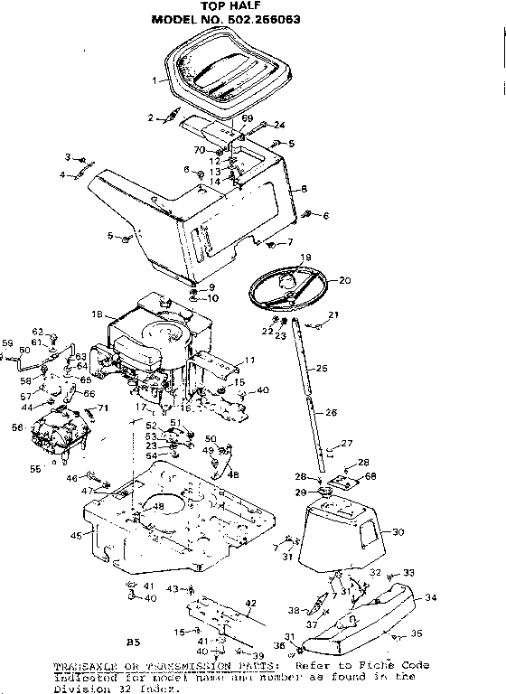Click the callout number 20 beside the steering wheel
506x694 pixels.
344,280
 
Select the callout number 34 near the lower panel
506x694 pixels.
430,596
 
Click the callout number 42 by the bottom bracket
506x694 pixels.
251,603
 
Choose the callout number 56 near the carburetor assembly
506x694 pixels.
16,428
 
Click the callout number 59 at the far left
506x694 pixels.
7,342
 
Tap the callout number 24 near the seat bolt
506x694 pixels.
279,125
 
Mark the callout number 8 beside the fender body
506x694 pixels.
305,188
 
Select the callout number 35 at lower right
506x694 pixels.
417,633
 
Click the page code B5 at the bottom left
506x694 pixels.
133,642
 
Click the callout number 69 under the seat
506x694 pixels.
247,119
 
